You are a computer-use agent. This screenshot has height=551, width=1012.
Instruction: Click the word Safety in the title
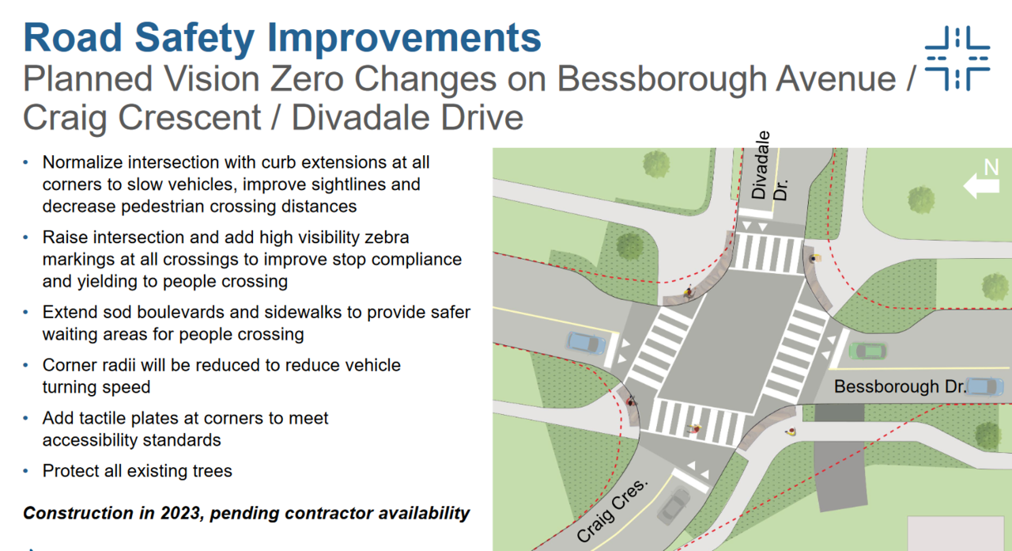tap(194, 39)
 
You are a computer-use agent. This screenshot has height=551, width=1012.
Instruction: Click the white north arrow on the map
tap(981, 186)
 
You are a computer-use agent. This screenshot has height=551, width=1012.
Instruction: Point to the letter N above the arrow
tap(991, 167)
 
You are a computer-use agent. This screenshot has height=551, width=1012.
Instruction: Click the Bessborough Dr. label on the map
tap(900, 386)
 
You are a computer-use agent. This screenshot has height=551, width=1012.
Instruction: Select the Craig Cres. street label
tap(612, 511)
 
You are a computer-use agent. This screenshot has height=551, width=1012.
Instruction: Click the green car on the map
tap(867, 351)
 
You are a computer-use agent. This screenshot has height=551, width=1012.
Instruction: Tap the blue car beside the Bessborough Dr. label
tap(985, 387)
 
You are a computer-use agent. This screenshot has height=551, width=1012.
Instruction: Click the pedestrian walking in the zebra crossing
tap(695, 428)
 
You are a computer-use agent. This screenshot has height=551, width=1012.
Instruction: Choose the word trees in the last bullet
tap(213, 471)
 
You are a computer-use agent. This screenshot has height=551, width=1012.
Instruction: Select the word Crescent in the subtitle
tap(190, 118)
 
